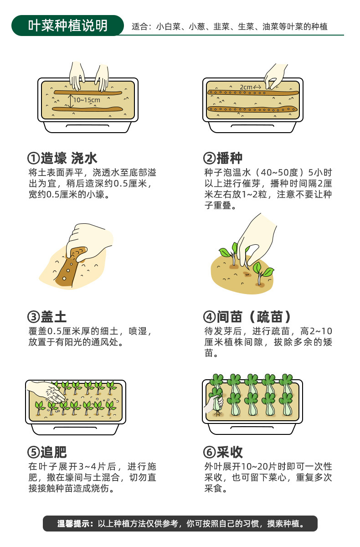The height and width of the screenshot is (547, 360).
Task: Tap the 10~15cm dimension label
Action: (86, 99)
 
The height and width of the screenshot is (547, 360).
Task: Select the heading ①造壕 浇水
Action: (63, 158)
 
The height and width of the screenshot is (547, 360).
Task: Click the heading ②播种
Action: (223, 158)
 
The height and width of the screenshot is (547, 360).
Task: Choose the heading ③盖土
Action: (47, 317)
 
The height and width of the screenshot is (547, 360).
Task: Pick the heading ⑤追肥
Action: (47, 452)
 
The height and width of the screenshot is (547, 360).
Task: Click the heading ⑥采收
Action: (223, 452)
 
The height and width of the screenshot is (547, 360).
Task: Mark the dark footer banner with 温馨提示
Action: (180, 523)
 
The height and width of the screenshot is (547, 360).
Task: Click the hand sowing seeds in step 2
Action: (276, 75)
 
